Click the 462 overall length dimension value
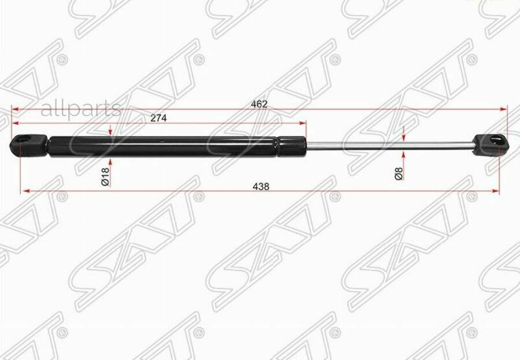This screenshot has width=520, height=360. [259, 104]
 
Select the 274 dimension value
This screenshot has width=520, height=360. [158, 118]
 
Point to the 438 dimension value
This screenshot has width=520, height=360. [261, 187]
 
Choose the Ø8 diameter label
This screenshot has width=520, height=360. [398, 173]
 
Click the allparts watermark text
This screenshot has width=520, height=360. [81, 109]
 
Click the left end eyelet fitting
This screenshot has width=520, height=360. [27, 144]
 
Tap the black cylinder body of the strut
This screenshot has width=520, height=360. [162, 146]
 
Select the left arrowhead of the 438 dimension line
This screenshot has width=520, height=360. [25, 191]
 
